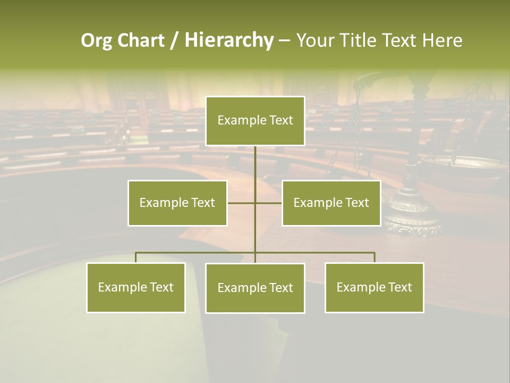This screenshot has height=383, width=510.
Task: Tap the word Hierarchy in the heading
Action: click(x=229, y=40)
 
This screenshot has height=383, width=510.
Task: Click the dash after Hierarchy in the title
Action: click(x=284, y=41)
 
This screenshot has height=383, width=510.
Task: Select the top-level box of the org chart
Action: click(x=255, y=121)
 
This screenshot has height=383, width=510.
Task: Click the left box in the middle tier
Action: click(x=177, y=203)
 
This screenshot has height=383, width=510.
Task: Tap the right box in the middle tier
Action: click(x=331, y=203)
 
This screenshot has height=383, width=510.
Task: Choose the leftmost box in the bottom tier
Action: click(x=136, y=287)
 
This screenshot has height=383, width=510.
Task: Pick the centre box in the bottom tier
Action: click(x=255, y=288)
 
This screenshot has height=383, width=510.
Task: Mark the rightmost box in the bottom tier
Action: click(x=375, y=287)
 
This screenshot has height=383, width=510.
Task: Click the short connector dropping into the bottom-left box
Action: click(x=136, y=257)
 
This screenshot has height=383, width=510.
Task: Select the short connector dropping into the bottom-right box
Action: click(x=375, y=257)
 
